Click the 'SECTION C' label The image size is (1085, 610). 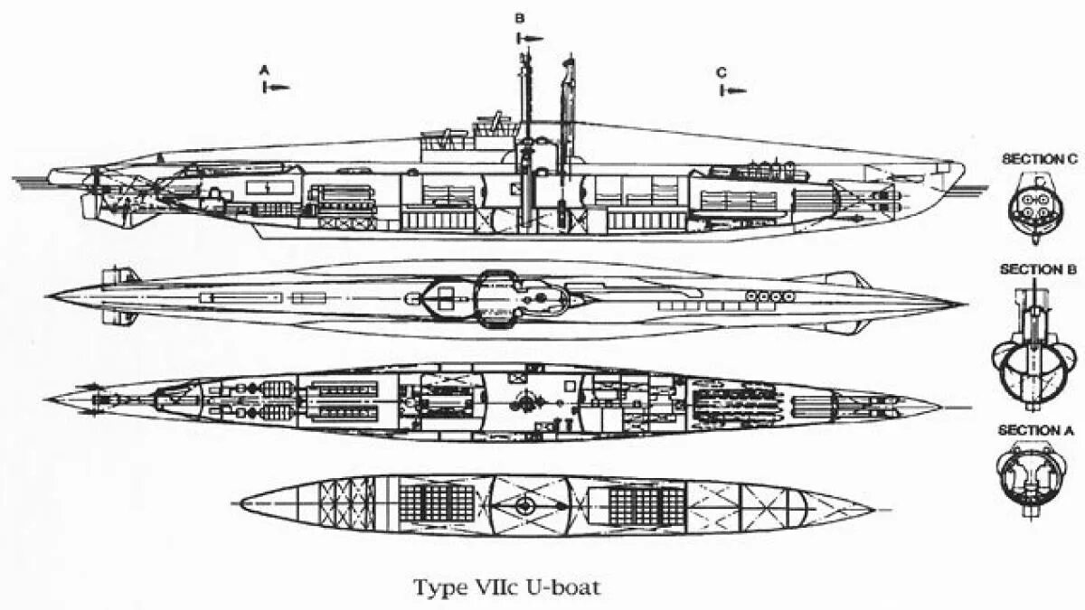click(1039, 159)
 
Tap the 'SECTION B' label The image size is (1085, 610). click(1038, 269)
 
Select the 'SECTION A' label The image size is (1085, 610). click(1037, 430)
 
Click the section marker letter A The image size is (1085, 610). click(264, 69)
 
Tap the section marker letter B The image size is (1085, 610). click(519, 18)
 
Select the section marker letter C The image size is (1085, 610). click(721, 72)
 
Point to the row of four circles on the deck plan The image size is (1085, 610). click(768, 295)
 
